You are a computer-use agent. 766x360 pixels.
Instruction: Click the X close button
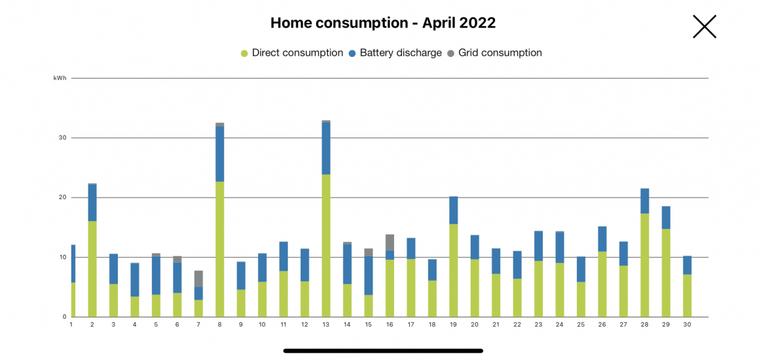tap(704, 27)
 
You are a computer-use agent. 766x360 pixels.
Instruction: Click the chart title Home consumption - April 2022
tap(383, 23)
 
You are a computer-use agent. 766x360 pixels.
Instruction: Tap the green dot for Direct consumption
tap(245, 53)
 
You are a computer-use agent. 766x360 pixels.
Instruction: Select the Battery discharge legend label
tap(401, 53)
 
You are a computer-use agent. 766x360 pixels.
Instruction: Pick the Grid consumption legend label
tap(500, 53)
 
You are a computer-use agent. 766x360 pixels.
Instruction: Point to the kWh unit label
tap(60, 79)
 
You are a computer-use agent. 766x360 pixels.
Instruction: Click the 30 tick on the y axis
tap(63, 138)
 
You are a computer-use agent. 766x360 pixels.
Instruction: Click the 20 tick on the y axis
tap(63, 198)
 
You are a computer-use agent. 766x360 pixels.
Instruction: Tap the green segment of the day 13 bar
tap(326, 245)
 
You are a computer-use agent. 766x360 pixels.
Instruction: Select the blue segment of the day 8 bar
tap(220, 154)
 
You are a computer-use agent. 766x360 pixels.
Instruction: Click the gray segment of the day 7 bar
tap(198, 279)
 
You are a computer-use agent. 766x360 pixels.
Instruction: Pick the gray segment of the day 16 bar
tap(390, 242)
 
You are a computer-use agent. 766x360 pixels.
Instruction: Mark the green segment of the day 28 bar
tap(645, 265)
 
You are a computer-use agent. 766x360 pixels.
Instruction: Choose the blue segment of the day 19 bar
tap(454, 210)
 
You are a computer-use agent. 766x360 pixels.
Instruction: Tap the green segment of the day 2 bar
tap(92, 268)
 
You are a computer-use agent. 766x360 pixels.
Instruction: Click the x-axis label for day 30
tap(687, 325)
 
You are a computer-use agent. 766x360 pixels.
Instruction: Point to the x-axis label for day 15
tap(368, 325)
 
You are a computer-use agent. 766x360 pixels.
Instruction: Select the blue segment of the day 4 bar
tap(135, 279)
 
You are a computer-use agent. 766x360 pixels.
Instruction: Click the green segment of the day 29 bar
tap(666, 272)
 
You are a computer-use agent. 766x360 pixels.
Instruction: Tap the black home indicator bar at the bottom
tap(383, 351)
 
